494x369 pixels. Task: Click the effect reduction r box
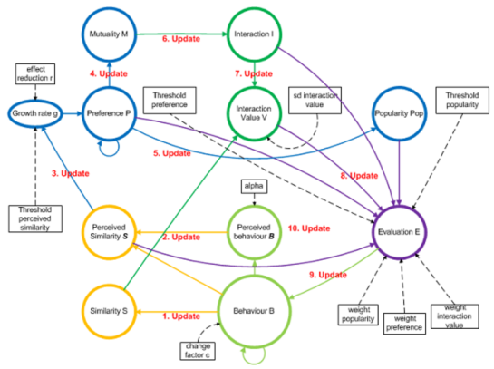point(35,73)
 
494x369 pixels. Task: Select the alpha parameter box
point(254,186)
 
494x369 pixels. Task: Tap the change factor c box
point(198,351)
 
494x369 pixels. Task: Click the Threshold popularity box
point(462,101)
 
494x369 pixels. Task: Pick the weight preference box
point(404,324)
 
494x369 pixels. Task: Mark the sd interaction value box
point(315,101)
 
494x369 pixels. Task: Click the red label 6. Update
point(181,39)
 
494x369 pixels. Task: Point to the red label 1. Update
point(181,316)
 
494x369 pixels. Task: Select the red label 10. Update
point(309,228)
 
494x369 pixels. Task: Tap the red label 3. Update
point(71,173)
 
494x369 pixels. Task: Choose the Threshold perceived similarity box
point(35,218)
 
